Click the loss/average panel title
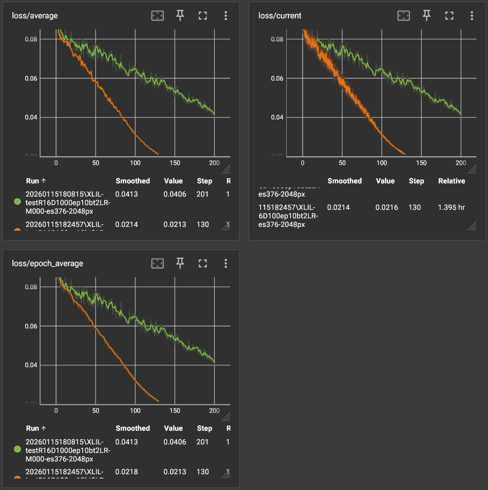35,16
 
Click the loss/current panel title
280,16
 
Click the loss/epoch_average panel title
47,264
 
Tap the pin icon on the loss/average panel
180,16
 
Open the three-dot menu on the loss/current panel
472,16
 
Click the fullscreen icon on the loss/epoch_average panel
203,264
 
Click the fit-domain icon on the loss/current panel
404,16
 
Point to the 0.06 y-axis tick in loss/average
31,78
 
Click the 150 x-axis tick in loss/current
421,163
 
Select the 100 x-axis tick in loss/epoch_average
135,411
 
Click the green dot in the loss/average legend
17,202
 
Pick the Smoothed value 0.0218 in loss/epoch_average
127,472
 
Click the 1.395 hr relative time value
451,207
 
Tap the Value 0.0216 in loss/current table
386,207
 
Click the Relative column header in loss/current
451,181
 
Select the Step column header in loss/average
204,181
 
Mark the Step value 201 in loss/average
203,194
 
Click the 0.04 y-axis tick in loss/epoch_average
31,365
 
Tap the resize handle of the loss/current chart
472,169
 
